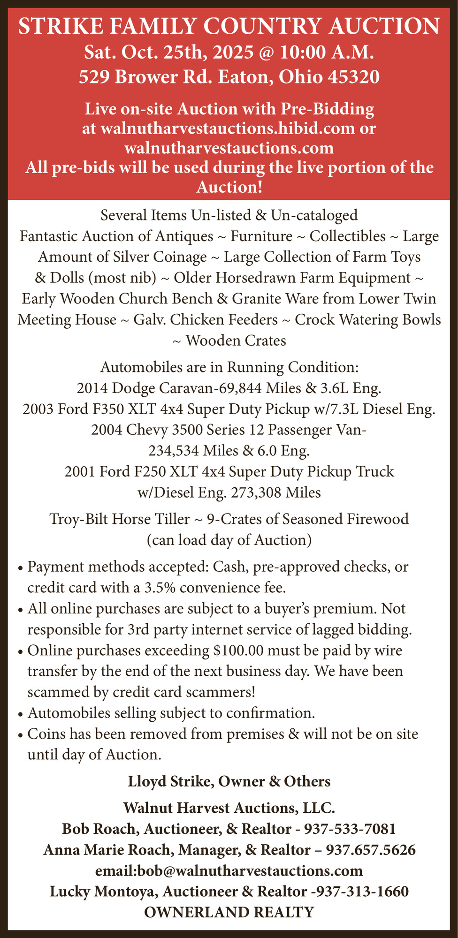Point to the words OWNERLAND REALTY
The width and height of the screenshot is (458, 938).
(x=229, y=912)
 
